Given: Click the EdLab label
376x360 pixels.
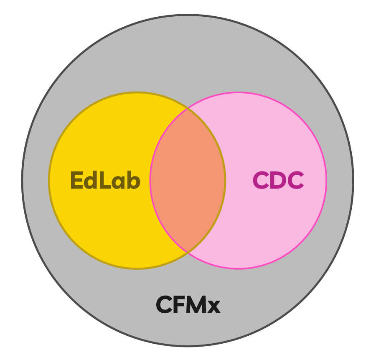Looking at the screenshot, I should (105, 181).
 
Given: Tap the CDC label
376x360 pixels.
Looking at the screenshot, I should (278, 181).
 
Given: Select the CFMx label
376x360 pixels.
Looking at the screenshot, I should (188, 305).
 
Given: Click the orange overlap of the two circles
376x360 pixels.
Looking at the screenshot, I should (188, 181).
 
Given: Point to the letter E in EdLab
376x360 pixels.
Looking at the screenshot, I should (76, 181).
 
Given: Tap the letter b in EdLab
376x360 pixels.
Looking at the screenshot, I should (133, 181).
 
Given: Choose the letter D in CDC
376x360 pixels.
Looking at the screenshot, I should (278, 181).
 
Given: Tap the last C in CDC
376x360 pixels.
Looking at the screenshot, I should (295, 181).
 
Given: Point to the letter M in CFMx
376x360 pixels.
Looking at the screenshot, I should (196, 305).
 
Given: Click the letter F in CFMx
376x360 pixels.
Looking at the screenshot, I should (178, 305).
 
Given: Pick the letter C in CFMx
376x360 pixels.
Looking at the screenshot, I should (164, 305).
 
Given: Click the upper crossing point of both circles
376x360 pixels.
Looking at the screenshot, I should (188, 109).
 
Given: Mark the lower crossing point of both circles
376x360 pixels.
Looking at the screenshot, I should (188, 253).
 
